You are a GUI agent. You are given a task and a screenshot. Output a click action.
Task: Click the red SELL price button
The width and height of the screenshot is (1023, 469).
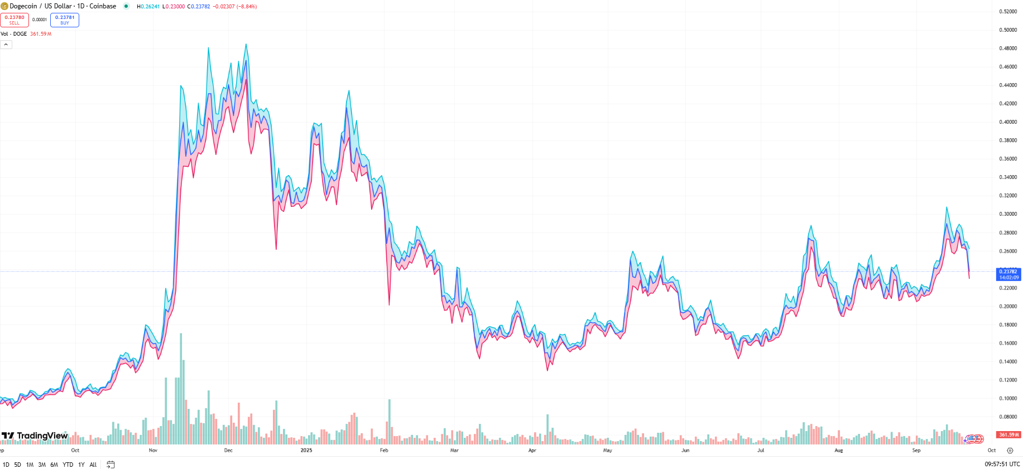pos(15,20)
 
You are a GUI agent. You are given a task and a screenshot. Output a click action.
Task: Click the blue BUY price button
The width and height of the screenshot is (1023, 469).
pos(65,20)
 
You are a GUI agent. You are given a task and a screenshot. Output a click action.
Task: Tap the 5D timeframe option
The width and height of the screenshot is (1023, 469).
pos(18,465)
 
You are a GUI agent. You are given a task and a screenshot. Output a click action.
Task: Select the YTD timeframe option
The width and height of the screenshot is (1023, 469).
pos(68,465)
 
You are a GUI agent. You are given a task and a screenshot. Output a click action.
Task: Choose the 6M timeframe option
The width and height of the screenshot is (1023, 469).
pos(54,465)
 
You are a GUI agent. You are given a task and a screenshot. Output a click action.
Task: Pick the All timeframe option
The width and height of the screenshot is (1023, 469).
pos(93,465)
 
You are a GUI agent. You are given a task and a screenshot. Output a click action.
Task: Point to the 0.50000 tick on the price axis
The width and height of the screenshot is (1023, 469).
pos(1007,30)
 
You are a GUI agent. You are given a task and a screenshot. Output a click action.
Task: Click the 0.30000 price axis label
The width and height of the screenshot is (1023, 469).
pos(1007,214)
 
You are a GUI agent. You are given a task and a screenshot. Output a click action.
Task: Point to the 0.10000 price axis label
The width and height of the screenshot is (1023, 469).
pos(1007,399)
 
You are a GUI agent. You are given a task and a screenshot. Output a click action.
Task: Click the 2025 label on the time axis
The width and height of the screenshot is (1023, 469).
pos(306,451)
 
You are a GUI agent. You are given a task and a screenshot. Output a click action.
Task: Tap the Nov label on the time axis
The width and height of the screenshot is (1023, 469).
pos(153,451)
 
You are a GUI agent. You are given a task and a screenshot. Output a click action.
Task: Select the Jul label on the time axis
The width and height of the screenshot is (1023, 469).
pos(761,451)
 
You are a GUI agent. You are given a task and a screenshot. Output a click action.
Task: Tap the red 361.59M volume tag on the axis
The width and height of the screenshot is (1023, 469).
pos(1008,435)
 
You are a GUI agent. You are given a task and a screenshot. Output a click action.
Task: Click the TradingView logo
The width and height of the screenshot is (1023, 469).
pos(35,436)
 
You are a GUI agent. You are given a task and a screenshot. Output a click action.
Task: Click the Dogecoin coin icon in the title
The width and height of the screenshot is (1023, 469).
pos(4,7)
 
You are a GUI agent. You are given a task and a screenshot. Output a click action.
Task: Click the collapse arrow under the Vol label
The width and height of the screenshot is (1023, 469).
pos(6,45)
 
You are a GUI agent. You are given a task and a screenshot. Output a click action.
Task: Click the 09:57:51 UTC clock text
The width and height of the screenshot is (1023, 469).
pos(1002,465)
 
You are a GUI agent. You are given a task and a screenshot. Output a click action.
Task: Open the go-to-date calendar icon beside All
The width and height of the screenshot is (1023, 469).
pos(111,465)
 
